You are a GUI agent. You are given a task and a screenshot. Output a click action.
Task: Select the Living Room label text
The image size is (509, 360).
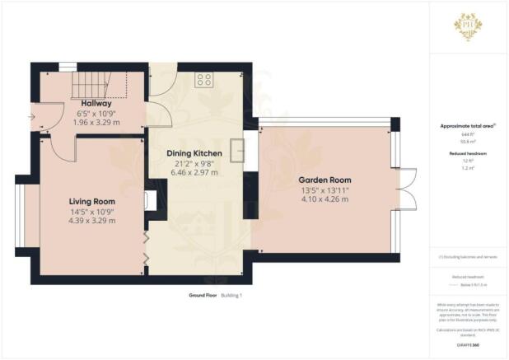click(91, 201)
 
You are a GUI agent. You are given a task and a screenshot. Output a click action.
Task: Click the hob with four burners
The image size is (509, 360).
click(204, 80)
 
